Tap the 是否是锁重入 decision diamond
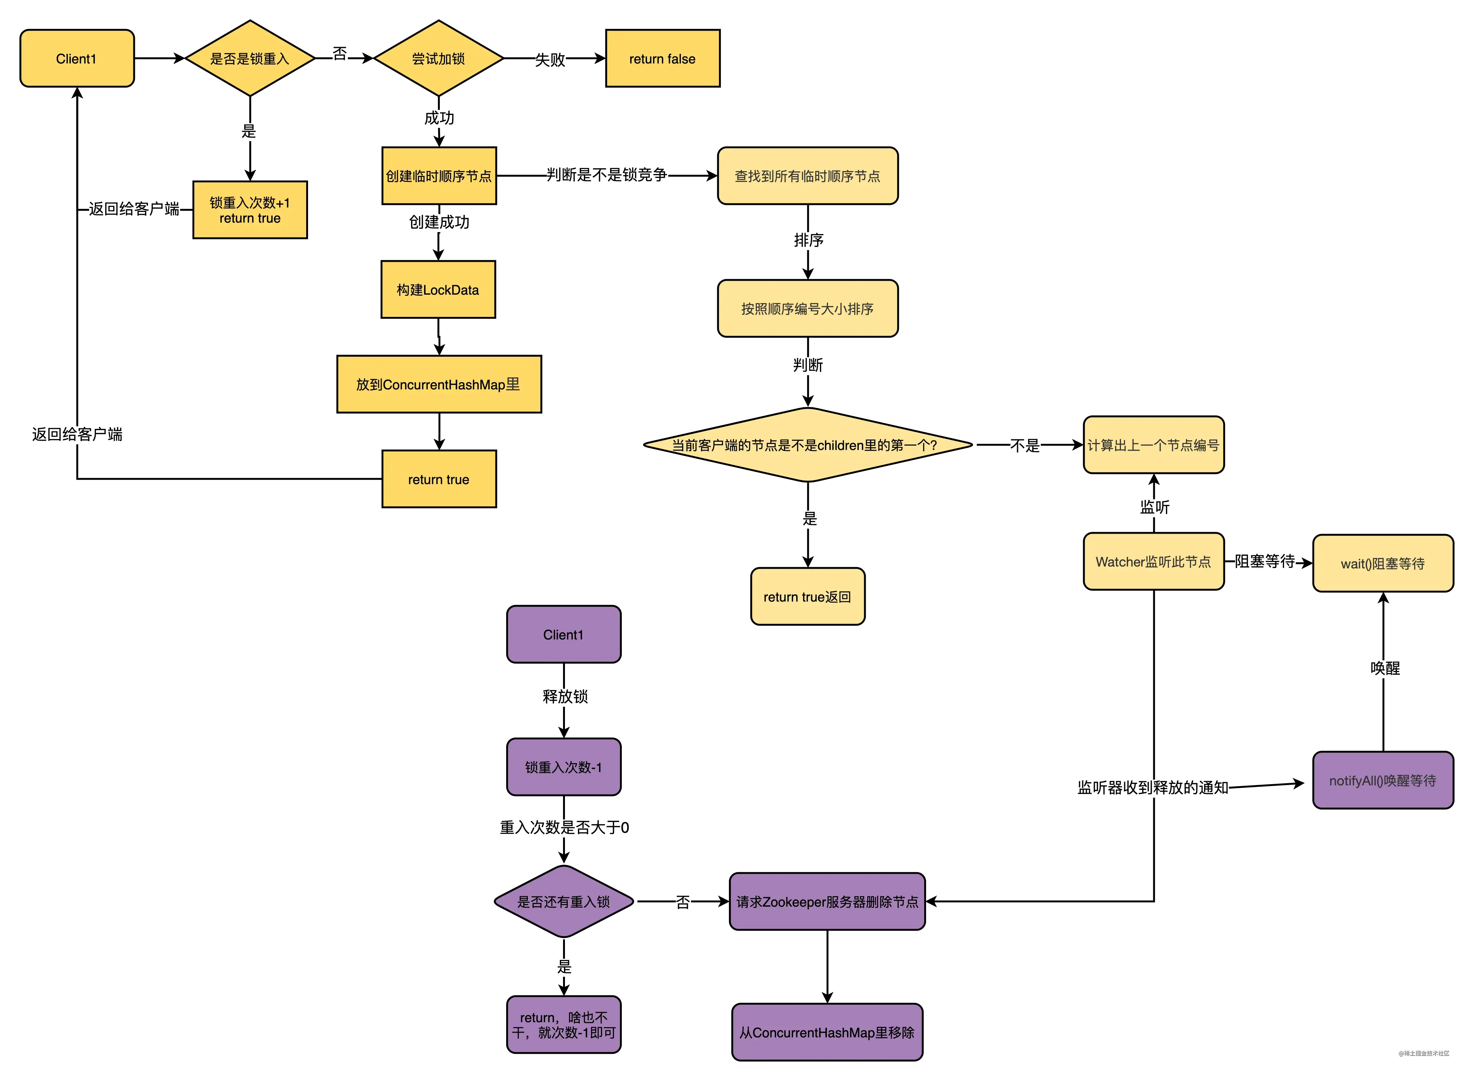(x=250, y=58)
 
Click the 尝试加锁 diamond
(x=438, y=58)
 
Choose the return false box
(x=663, y=58)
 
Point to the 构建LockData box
(x=438, y=290)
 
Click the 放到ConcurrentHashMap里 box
(x=439, y=384)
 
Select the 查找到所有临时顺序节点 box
(x=808, y=176)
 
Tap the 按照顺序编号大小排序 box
(x=808, y=309)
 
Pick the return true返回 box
(x=808, y=596)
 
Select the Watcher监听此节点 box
(x=1154, y=561)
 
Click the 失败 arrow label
(x=550, y=59)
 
